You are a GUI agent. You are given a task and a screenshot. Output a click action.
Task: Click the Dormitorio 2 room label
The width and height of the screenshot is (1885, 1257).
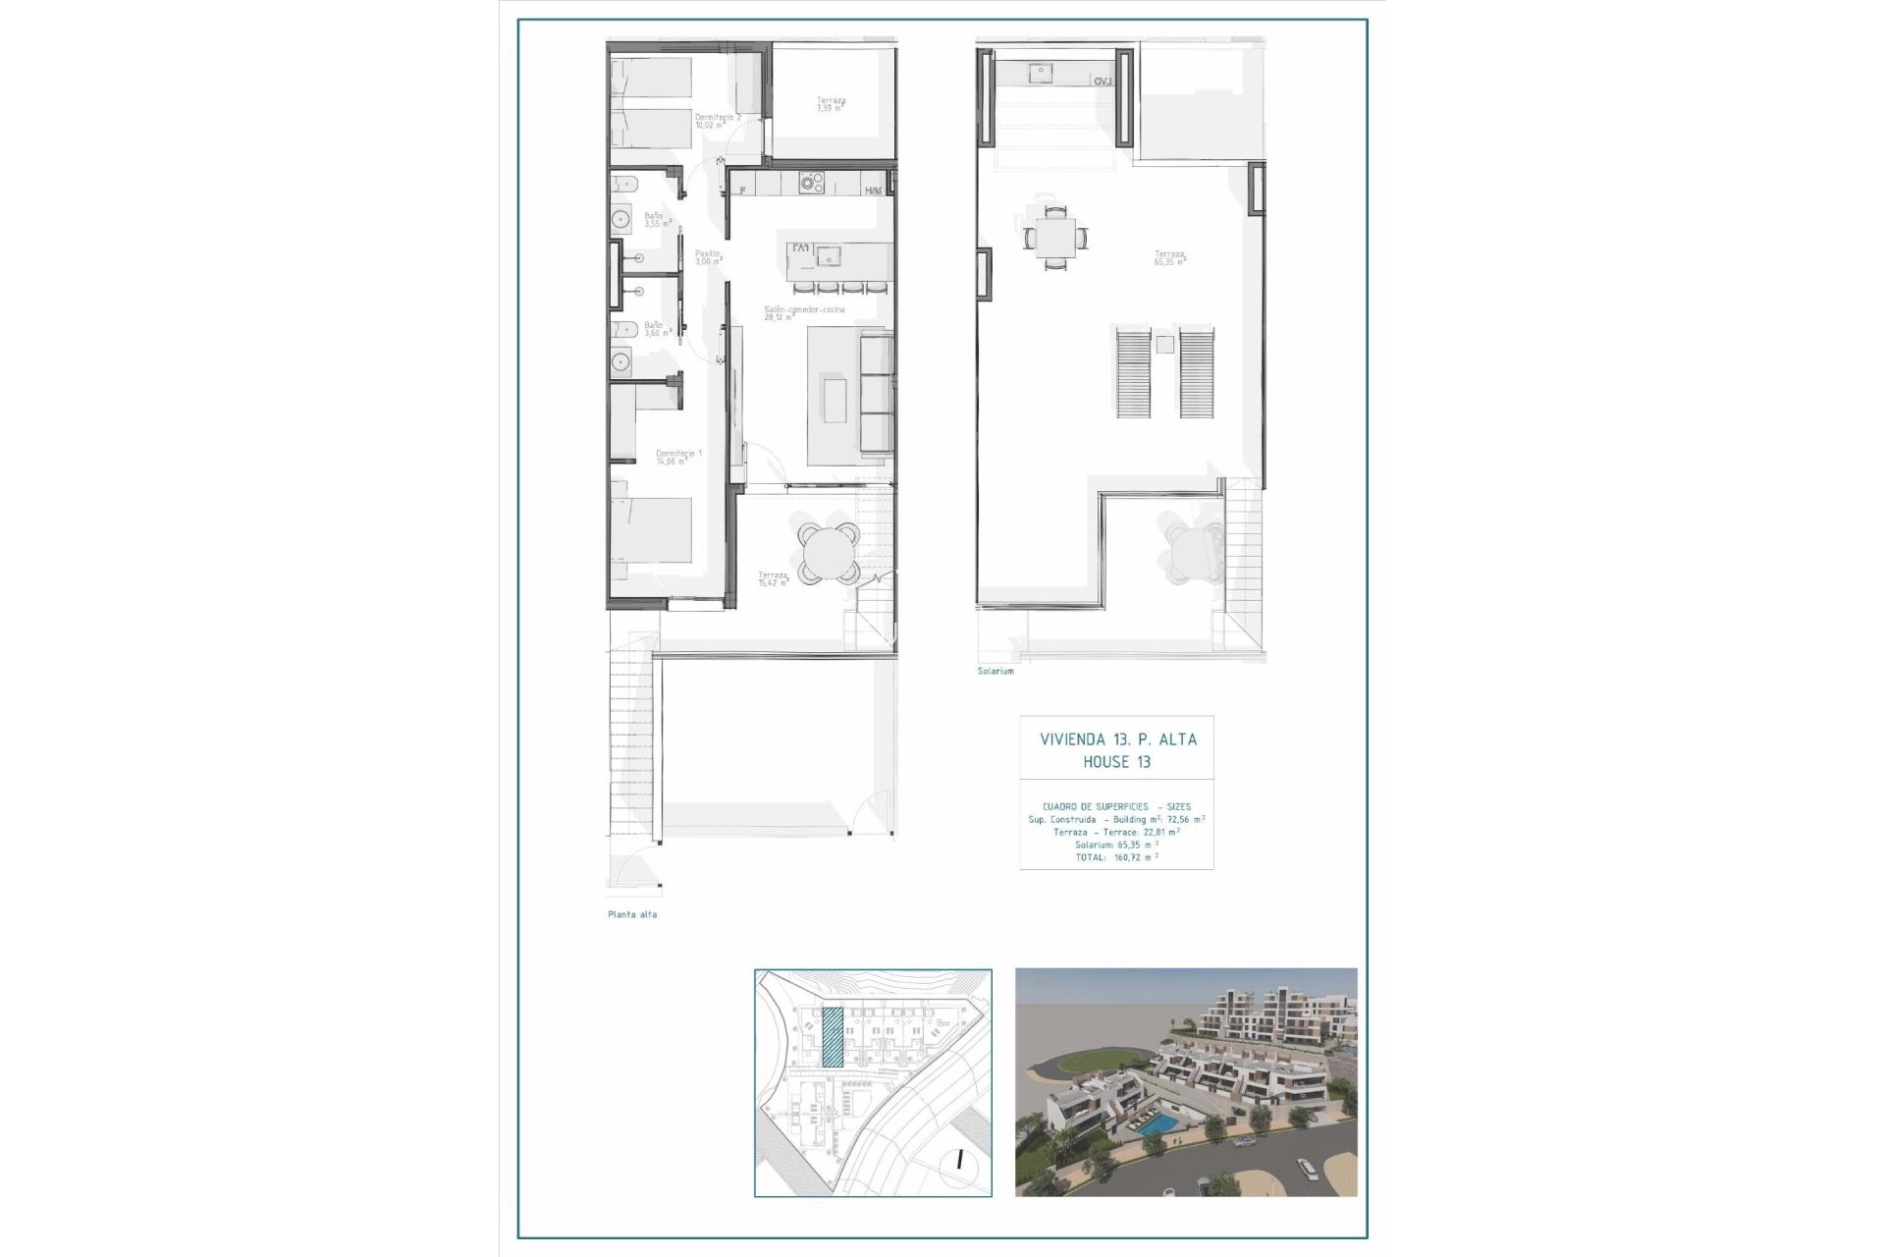717,121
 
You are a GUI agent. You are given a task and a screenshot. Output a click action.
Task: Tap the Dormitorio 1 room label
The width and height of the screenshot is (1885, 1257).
678,457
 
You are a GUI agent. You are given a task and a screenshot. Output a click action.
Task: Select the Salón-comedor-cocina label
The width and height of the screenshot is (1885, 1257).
804,313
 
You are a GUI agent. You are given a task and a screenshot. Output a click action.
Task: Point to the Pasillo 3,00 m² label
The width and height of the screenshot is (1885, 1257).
708,257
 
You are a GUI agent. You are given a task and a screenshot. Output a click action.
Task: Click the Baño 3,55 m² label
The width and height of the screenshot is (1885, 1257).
656,220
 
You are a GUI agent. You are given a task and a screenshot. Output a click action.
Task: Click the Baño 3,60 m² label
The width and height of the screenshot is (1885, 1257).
656,329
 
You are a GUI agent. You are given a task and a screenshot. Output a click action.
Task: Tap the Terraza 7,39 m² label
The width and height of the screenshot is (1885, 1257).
831,104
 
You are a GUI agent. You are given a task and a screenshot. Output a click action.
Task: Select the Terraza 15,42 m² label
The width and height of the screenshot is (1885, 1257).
773,578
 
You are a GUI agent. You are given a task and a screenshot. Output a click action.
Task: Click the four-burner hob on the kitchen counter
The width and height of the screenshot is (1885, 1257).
811,183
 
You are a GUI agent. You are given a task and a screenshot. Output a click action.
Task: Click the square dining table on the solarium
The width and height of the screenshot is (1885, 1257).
1054,237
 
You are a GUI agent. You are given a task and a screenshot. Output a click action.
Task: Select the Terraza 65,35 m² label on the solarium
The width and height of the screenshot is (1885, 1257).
1168,258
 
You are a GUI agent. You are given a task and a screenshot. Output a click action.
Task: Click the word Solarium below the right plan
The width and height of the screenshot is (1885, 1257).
995,671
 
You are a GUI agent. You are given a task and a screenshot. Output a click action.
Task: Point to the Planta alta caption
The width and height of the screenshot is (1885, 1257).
632,914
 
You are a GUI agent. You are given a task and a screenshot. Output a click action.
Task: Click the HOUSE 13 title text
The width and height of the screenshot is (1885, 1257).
1116,762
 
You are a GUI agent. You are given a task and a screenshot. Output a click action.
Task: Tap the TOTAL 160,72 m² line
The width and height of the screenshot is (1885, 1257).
1116,857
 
